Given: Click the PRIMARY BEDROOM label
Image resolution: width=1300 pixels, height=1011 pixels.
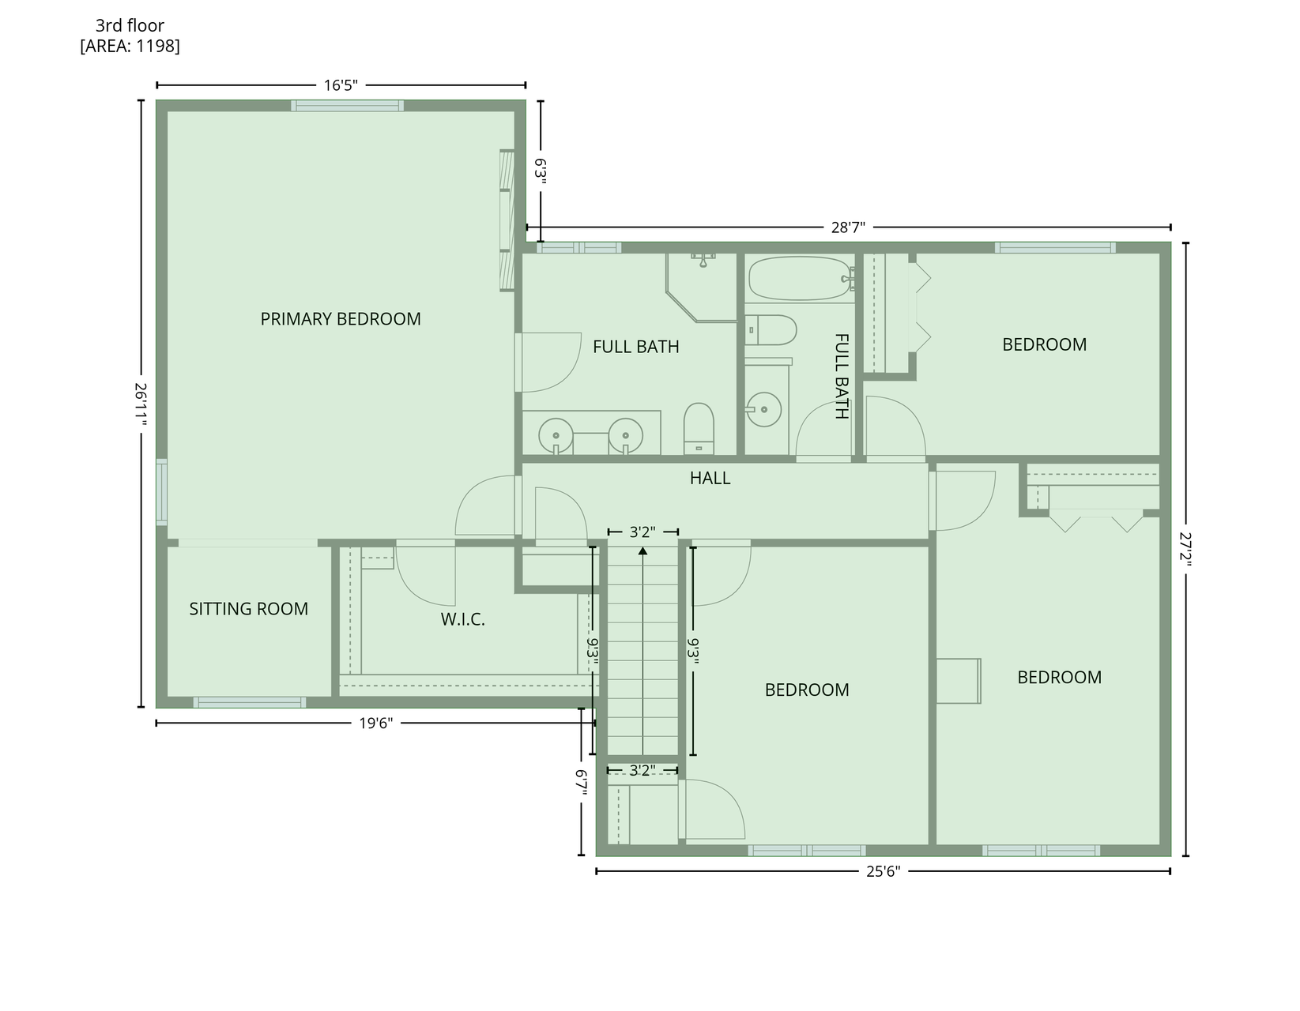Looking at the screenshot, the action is (341, 318).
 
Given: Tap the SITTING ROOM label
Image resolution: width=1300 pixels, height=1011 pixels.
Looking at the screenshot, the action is (248, 609).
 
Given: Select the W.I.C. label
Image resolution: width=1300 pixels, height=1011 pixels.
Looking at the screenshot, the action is (462, 619).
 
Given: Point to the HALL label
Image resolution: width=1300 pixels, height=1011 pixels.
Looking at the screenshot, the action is (710, 478).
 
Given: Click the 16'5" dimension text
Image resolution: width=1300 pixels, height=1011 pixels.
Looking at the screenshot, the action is (341, 85).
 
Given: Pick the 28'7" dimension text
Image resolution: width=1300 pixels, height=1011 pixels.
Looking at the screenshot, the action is (848, 227).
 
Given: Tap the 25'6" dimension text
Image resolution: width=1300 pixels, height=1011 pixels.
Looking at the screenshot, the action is (883, 871).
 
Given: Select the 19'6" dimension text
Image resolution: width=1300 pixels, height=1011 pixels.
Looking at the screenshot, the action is (375, 723).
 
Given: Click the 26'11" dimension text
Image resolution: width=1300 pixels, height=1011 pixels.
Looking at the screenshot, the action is (141, 404).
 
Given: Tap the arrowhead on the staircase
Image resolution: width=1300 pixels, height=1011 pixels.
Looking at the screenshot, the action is (642, 551).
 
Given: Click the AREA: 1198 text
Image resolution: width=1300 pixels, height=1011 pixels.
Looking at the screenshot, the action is (130, 46).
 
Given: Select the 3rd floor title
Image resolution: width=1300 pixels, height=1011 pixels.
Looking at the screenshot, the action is (130, 25).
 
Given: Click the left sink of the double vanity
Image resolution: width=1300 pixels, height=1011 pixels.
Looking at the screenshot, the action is (556, 435).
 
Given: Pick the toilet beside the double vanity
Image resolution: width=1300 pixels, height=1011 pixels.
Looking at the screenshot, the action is (699, 428).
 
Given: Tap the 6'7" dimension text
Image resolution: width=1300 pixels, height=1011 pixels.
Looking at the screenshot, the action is (580, 782).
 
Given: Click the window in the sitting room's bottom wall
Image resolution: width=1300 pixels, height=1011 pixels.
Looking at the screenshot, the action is (250, 702).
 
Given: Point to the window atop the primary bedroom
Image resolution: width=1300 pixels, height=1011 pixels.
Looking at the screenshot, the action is (347, 106).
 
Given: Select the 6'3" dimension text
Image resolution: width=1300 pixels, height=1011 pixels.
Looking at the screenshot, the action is (541, 171).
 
